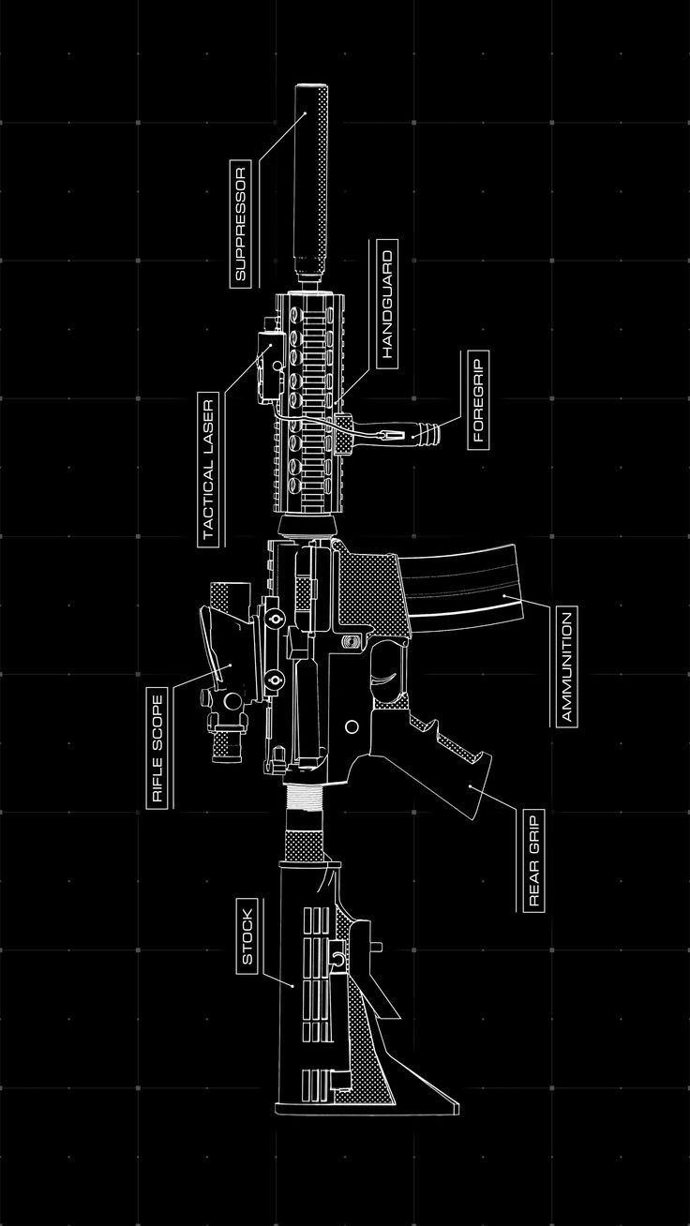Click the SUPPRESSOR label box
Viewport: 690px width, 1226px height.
(240, 224)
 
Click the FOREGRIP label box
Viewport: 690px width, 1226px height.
(476, 399)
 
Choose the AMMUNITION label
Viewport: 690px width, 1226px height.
(566, 665)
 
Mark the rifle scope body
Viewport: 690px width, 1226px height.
(225, 656)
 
